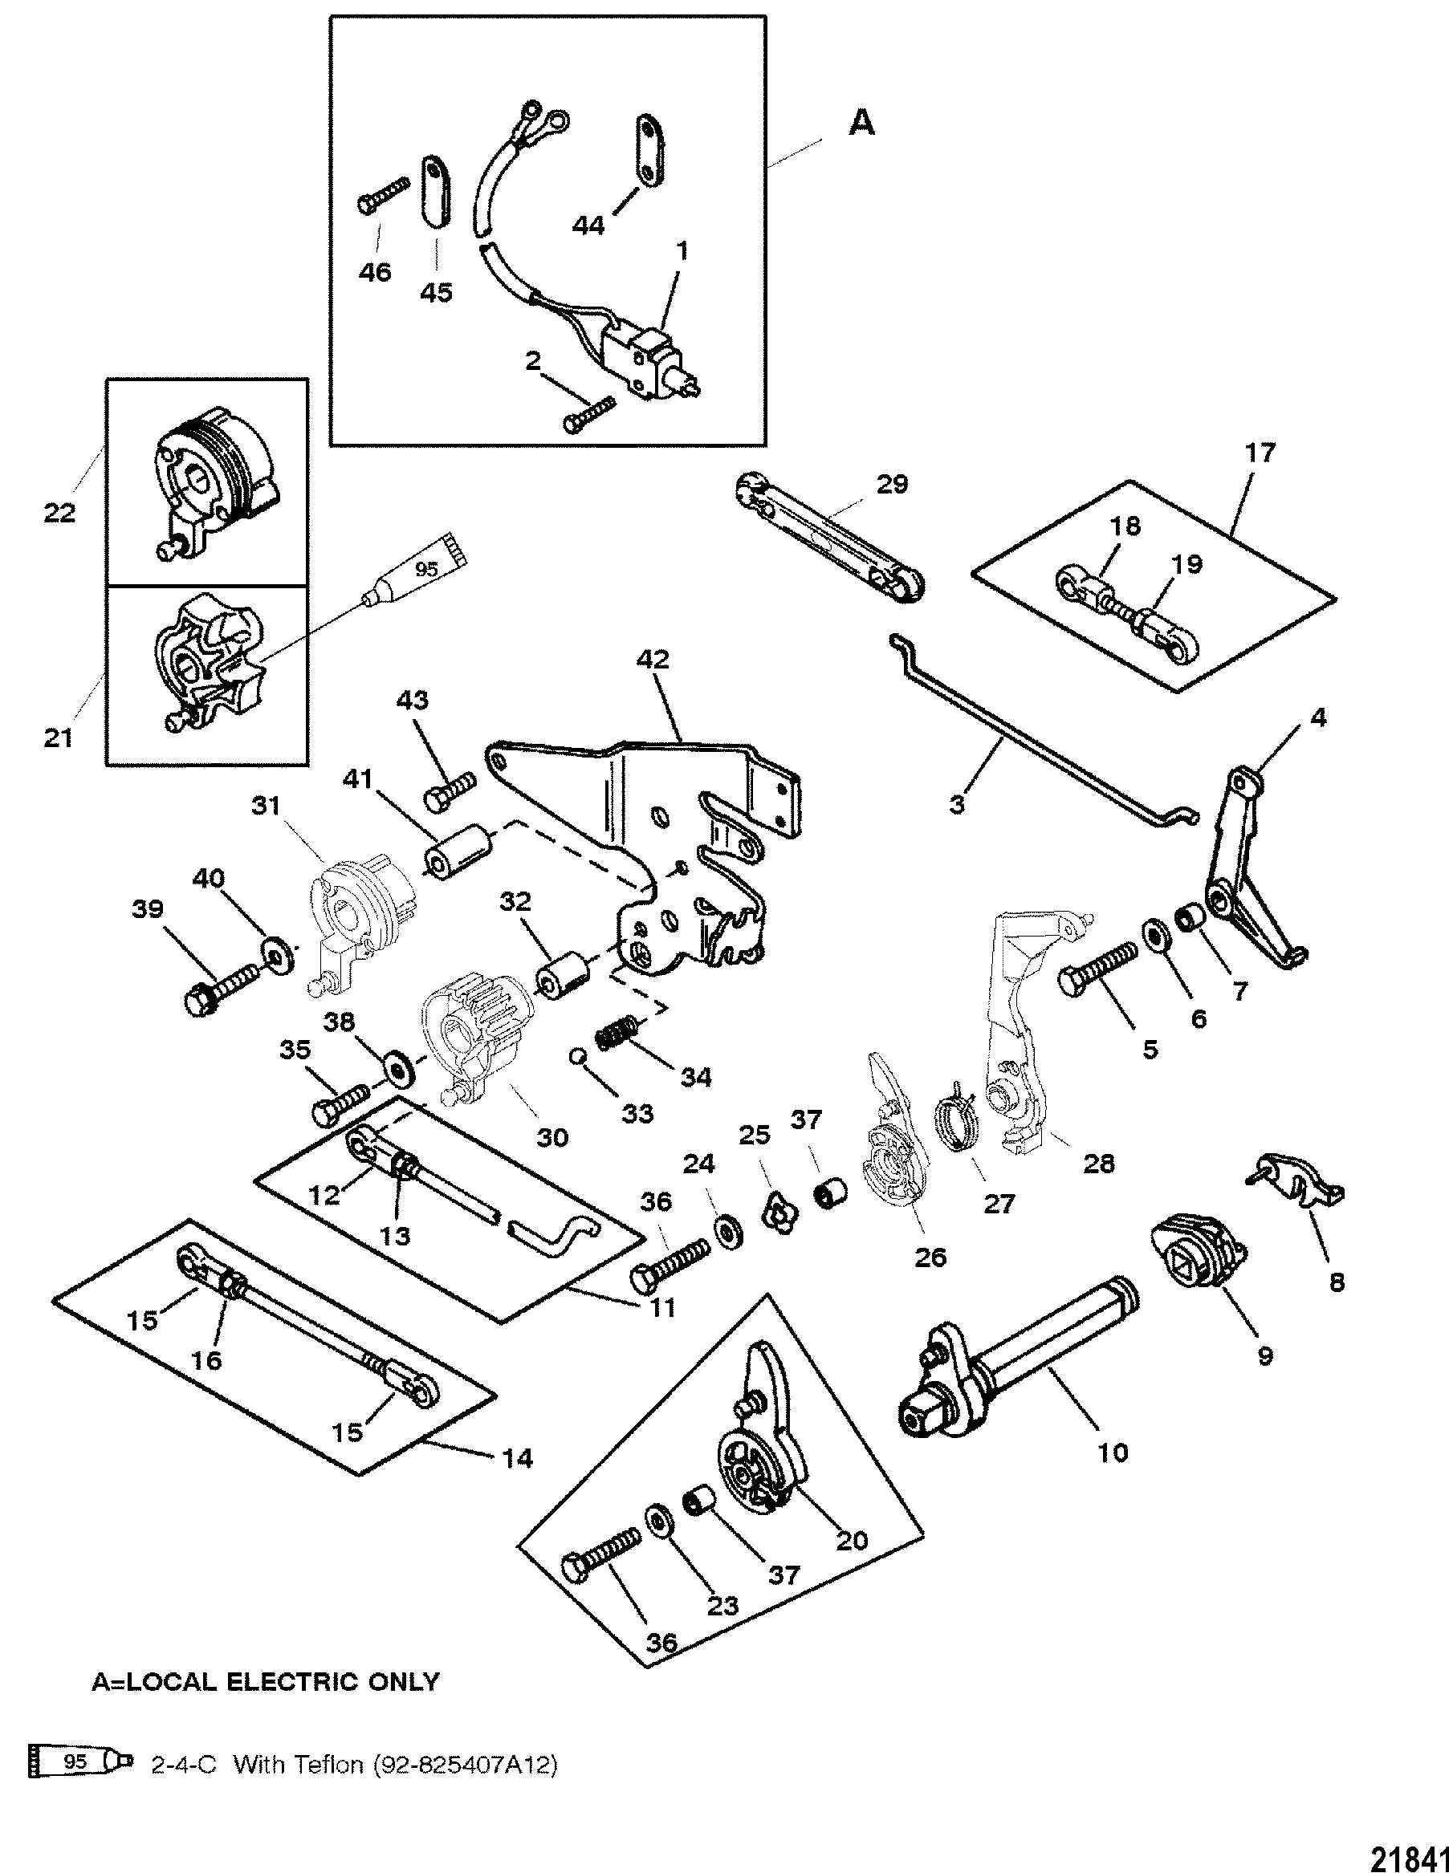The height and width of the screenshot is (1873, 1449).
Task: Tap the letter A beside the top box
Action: [x=861, y=124]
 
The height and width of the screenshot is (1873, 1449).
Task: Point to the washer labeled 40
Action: [x=276, y=953]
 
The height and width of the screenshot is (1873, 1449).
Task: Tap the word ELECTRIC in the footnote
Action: [x=293, y=1682]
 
